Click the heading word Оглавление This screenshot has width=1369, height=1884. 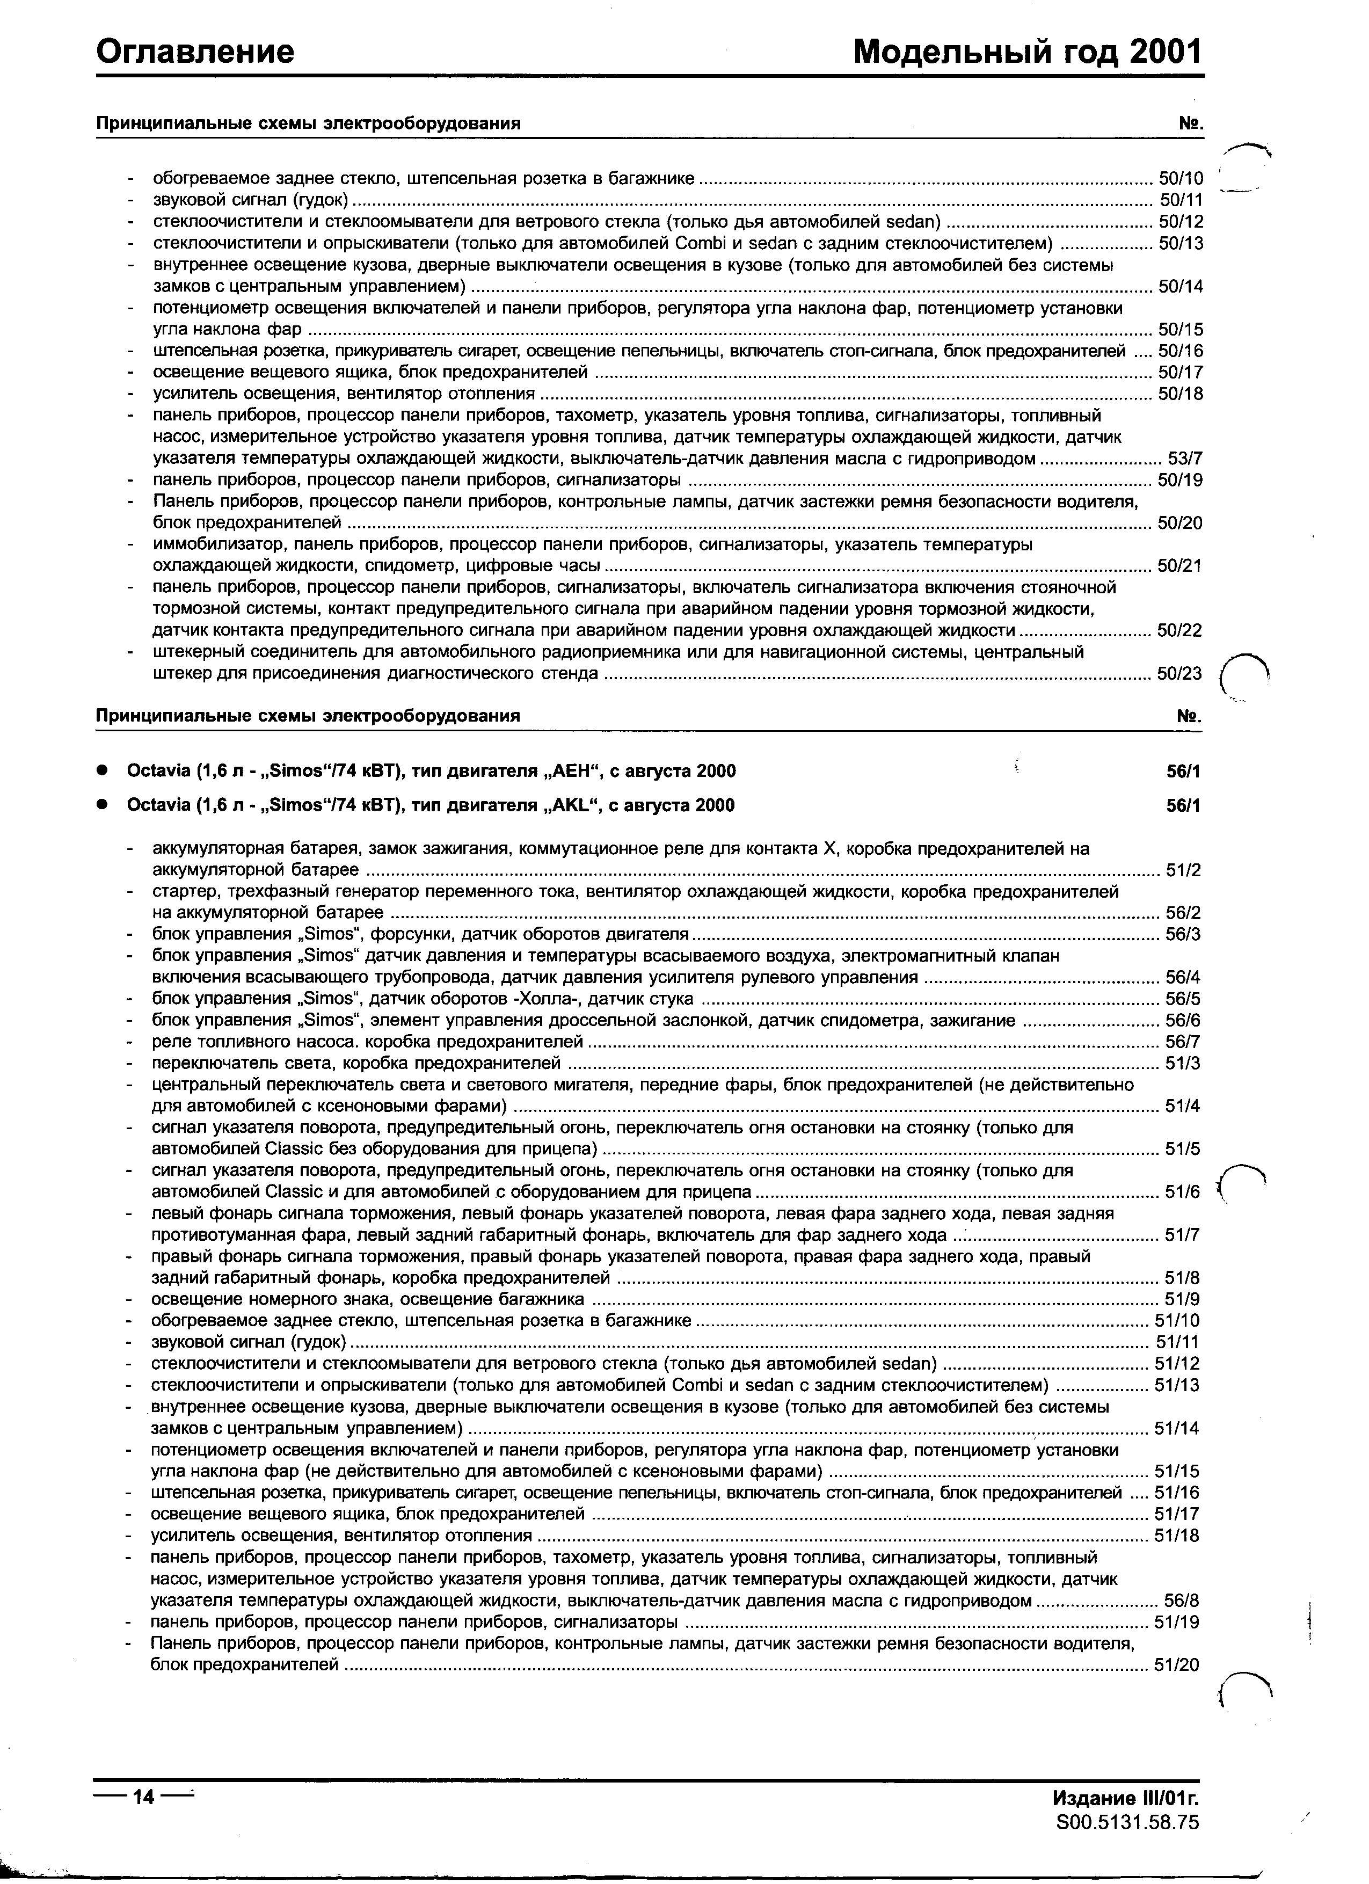195,52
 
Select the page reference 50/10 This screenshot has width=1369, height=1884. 1181,179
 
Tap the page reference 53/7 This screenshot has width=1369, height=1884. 1184,459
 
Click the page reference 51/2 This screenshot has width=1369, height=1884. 1183,870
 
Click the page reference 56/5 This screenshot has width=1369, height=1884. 1183,999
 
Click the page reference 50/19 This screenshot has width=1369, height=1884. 1181,480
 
